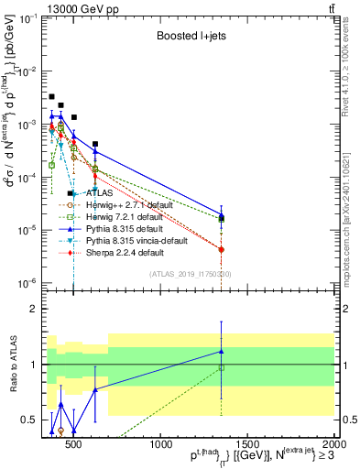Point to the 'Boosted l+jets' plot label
coord(189,38)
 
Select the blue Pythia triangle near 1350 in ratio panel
coord(221,351)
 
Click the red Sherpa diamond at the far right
coord(221,249)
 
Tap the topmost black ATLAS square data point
coord(52,96)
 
